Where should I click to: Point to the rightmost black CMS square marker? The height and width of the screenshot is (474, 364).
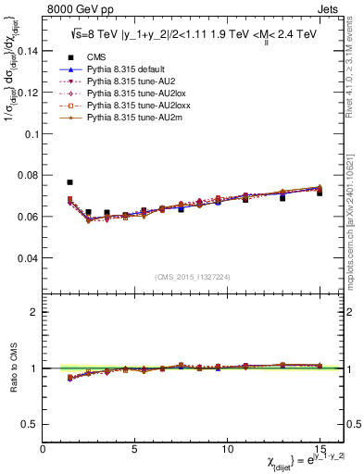320,193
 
